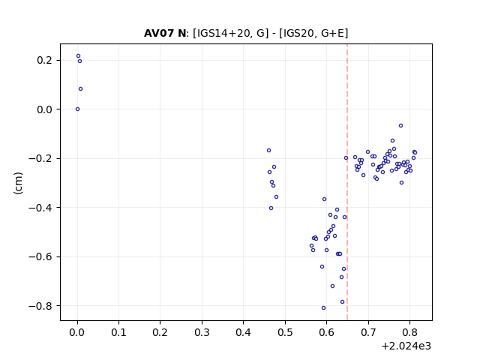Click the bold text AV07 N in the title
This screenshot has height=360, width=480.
[165, 33]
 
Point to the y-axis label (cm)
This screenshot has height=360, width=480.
[18, 183]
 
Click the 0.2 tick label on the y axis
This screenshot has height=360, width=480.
[45, 60]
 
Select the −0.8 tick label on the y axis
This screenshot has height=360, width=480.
[40, 306]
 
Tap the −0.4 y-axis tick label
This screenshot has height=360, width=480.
[40, 208]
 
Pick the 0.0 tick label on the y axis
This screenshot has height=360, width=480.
[45, 109]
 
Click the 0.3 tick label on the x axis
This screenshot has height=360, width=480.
[202, 332]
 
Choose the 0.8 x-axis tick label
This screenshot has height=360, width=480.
[409, 332]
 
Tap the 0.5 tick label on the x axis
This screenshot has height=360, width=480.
[285, 332]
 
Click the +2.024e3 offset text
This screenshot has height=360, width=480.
[406, 346]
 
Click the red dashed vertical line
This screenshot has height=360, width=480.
[347, 182]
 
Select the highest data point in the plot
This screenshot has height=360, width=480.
[78, 56]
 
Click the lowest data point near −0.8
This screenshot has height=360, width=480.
[323, 308]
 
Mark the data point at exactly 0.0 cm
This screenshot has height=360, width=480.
[77, 109]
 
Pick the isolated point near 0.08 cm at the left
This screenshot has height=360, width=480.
[80, 89]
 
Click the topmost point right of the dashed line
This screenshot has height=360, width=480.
[400, 126]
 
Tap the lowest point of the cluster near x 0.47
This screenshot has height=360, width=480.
[271, 208]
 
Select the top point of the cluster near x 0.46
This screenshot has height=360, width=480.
[268, 151]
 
